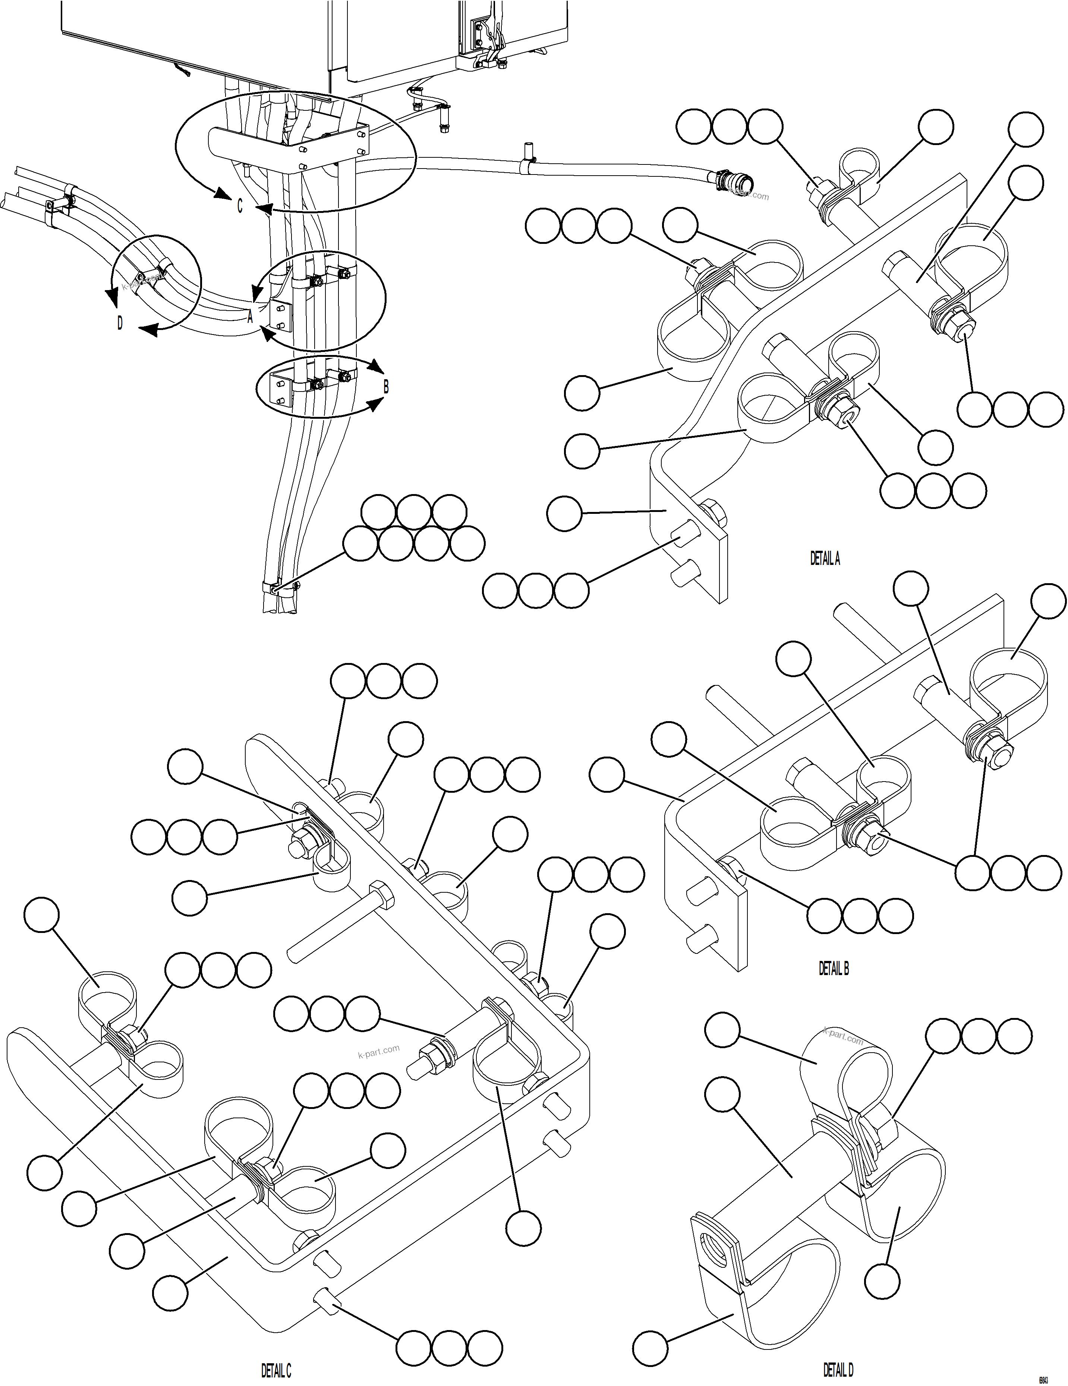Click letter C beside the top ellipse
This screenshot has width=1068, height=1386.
(239, 207)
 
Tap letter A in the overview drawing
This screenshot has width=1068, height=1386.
(250, 317)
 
